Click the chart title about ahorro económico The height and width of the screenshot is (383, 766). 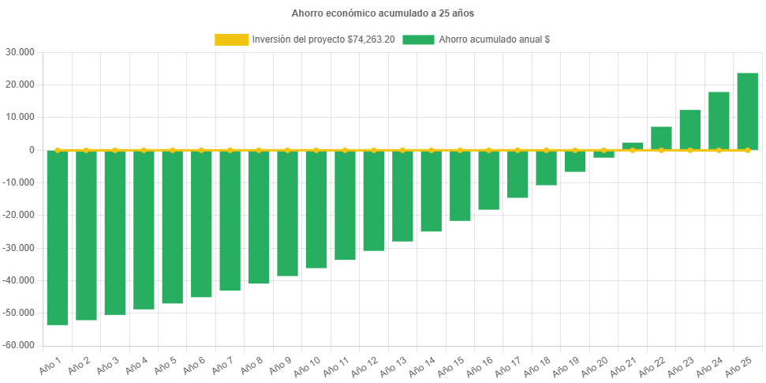pyautogui.click(x=383, y=13)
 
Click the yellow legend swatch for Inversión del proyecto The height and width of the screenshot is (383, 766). pyautogui.click(x=231, y=39)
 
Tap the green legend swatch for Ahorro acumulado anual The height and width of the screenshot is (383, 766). pyautogui.click(x=418, y=39)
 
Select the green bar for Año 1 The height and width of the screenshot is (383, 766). pyautogui.click(x=58, y=237)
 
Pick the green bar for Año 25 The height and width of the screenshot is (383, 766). pyautogui.click(x=747, y=111)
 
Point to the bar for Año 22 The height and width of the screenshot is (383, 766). pyautogui.click(x=661, y=137)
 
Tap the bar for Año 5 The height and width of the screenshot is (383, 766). pyautogui.click(x=173, y=227)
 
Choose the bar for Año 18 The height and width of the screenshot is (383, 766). pyautogui.click(x=546, y=167)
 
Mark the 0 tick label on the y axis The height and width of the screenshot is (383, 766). pyautogui.click(x=32, y=150)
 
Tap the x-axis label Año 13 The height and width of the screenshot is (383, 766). pyautogui.click(x=394, y=366)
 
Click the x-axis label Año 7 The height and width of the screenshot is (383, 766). pyautogui.click(x=222, y=366)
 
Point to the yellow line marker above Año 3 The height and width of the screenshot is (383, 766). pyautogui.click(x=115, y=149)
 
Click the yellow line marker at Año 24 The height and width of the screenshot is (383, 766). pyautogui.click(x=719, y=149)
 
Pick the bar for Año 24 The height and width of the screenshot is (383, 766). pyautogui.click(x=719, y=120)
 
